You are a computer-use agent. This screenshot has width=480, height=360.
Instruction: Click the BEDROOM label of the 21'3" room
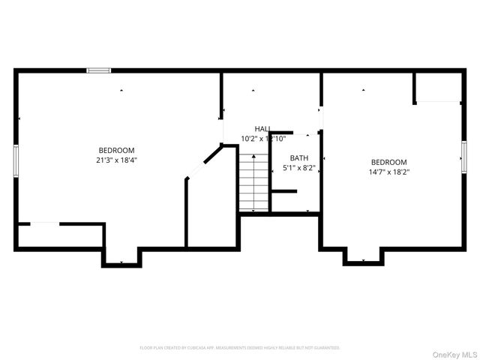(x=116, y=150)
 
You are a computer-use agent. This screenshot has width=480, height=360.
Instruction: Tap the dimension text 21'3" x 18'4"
(x=116, y=160)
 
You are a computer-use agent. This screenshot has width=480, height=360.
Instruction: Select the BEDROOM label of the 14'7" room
(x=388, y=162)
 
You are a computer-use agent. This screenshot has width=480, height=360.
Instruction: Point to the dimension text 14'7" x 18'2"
(x=388, y=172)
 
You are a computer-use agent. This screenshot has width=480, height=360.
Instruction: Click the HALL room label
(x=262, y=129)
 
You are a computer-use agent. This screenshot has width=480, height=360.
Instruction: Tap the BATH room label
(x=299, y=157)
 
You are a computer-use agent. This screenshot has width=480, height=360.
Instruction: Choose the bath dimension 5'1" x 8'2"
(x=299, y=167)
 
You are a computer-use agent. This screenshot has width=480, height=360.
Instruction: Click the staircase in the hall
(x=254, y=184)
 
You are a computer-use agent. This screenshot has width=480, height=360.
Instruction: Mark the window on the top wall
(x=98, y=70)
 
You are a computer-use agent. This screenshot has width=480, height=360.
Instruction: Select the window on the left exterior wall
(x=15, y=160)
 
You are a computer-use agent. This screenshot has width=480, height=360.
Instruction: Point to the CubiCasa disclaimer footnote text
(x=240, y=348)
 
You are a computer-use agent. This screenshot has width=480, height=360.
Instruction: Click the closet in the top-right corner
(x=438, y=87)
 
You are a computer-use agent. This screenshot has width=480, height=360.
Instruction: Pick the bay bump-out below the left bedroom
(x=121, y=255)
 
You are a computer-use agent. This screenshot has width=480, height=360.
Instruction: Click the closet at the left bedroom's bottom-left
(x=60, y=235)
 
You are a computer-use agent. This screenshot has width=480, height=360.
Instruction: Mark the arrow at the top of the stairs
(x=253, y=156)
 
